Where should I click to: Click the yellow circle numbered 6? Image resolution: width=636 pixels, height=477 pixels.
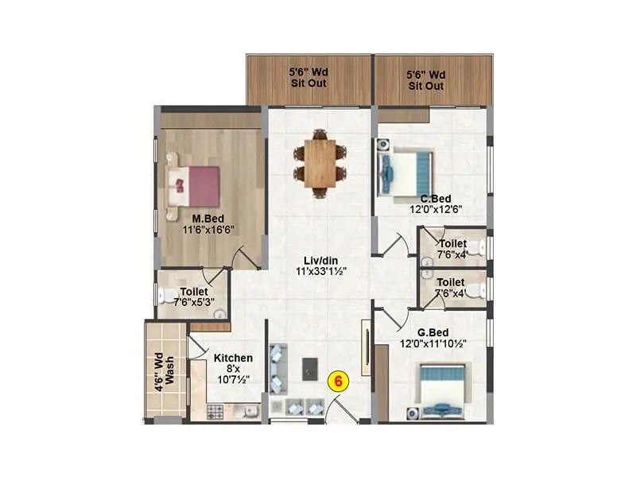339,381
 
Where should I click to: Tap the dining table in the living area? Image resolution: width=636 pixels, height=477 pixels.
320,163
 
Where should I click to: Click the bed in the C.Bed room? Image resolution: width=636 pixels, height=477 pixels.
407,172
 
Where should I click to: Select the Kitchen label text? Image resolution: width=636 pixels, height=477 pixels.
233,359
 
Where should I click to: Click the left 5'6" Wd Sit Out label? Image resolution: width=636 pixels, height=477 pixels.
308,85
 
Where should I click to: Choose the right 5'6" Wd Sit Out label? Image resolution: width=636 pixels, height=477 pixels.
426,85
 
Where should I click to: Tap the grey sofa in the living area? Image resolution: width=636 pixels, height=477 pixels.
277,367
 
